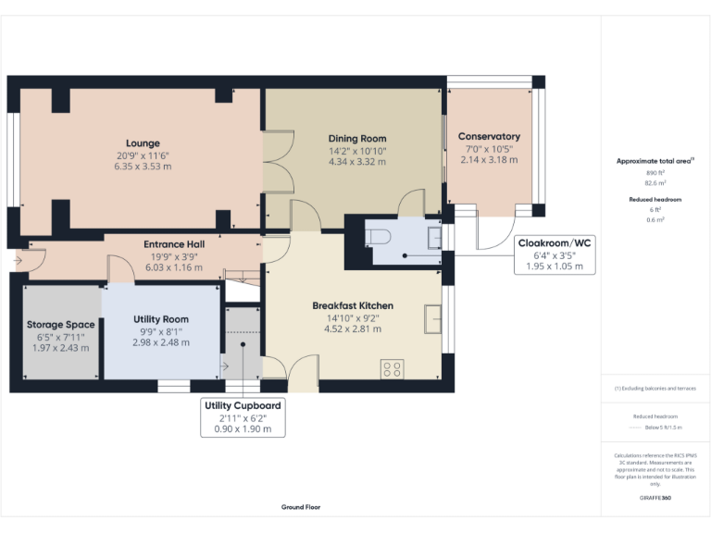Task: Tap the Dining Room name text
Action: (x=356, y=139)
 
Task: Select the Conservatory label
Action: (x=489, y=137)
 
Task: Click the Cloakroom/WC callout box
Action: (x=555, y=254)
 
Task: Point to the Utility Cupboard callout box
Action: (x=243, y=416)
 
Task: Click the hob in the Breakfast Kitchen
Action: (x=391, y=368)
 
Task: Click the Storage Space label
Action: (x=60, y=325)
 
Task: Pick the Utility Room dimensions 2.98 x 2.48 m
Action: (x=162, y=342)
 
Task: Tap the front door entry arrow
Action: (x=18, y=261)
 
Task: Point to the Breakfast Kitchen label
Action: (x=352, y=305)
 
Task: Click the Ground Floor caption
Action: (x=301, y=507)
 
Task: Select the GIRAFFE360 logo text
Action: (x=655, y=499)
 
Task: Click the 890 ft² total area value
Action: (x=655, y=173)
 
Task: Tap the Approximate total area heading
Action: (x=655, y=161)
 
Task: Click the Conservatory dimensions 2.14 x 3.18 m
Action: (x=489, y=159)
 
